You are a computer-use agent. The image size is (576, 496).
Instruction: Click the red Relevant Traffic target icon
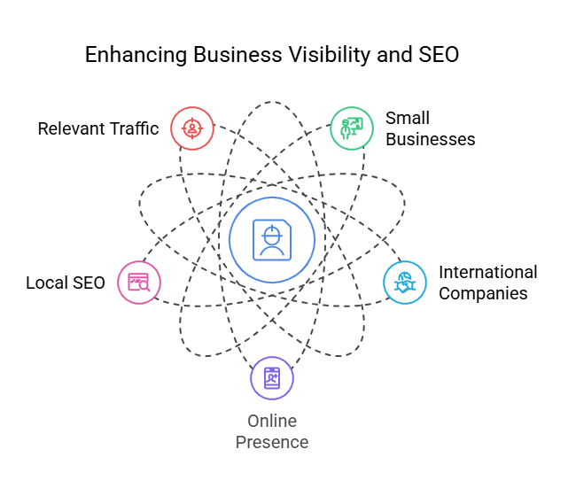coord(191,128)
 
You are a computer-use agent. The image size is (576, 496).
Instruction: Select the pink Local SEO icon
coord(139,283)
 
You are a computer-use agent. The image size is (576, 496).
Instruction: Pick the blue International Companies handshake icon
coord(404,283)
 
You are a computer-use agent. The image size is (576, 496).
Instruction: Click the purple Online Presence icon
coord(271,378)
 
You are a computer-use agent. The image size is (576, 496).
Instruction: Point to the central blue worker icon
coord(271,240)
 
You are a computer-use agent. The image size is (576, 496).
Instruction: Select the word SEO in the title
coord(438,55)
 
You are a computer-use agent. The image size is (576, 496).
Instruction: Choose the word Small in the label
coord(407,119)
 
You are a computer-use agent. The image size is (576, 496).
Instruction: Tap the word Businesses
coord(430,139)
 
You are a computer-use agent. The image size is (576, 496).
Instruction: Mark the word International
coord(487,272)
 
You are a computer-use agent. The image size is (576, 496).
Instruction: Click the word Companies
coord(483,293)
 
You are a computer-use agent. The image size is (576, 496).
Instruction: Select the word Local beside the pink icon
coord(45,283)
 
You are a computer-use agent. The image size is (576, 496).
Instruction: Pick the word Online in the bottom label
coord(272,421)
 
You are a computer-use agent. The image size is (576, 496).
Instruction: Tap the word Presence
coord(272,442)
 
